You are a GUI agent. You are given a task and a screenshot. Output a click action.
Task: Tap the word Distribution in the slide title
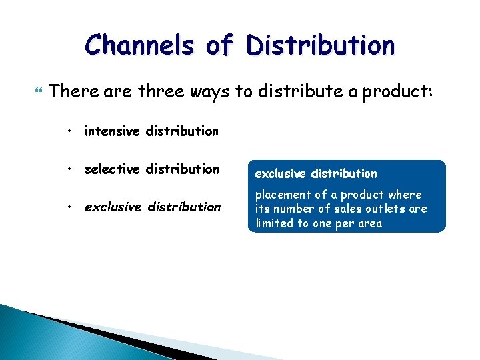click(x=319, y=45)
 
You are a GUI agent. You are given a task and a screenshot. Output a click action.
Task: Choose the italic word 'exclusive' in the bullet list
click(x=113, y=207)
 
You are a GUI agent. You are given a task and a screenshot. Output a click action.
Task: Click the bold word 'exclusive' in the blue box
click(x=281, y=174)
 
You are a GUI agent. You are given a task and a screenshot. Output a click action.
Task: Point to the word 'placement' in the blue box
click(x=283, y=195)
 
